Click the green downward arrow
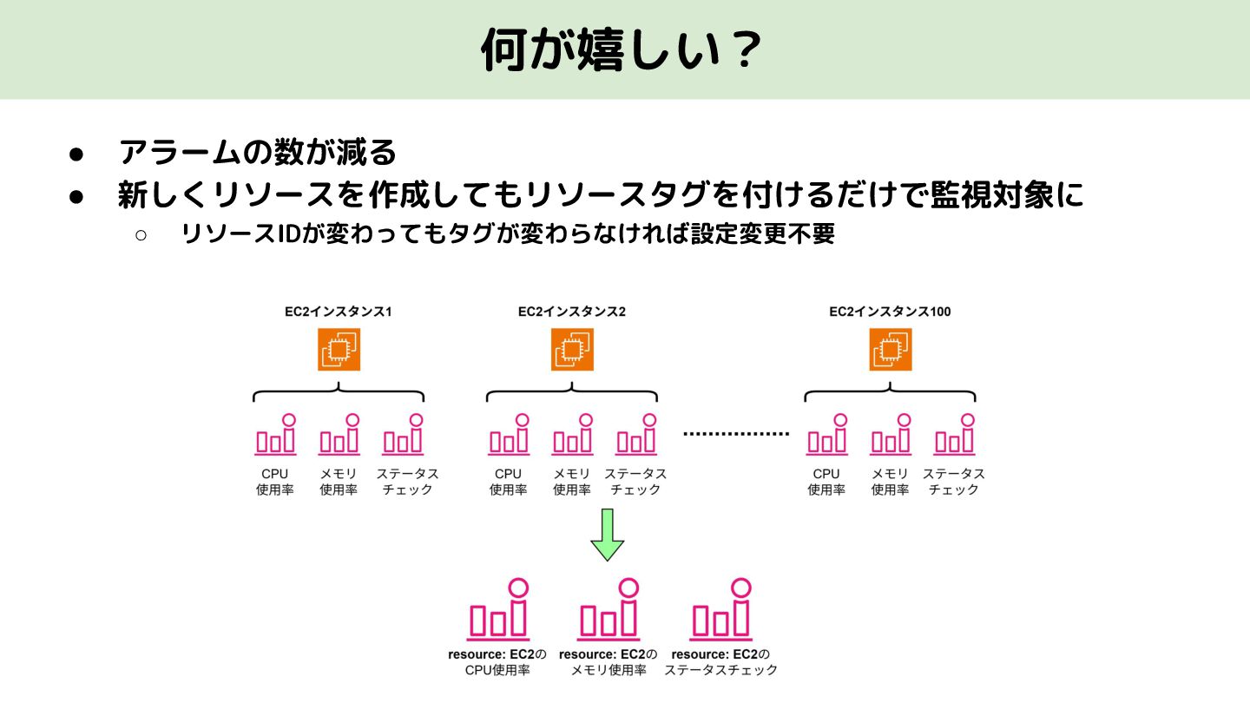608,535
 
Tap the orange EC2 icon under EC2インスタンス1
339,350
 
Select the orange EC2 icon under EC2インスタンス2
572,350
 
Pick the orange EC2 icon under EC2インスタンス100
890,350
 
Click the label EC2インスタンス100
890,312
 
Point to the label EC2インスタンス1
339,312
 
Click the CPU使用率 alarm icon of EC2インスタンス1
276,436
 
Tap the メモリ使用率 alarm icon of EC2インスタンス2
573,436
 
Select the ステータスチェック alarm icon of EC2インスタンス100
955,436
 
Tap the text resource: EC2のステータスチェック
720,662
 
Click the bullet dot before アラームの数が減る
76,154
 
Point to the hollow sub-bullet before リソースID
140,234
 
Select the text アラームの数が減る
258,153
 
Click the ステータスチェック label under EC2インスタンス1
407,482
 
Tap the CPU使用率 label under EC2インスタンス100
826,482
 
